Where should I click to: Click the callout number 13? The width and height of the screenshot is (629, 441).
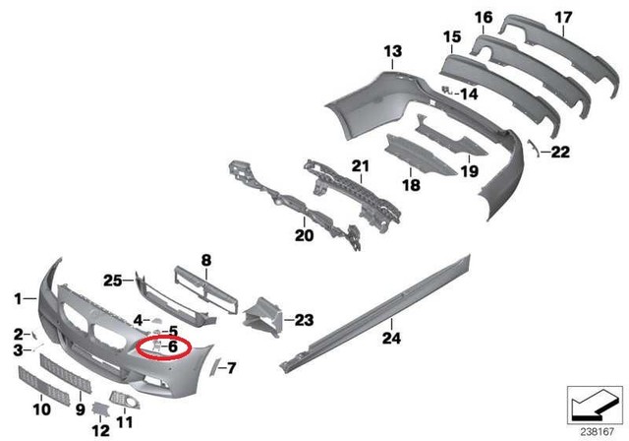(392, 50)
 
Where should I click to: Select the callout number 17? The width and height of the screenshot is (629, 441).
(562, 17)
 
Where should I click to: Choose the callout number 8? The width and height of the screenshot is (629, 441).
(206, 260)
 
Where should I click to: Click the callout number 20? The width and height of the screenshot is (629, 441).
(304, 236)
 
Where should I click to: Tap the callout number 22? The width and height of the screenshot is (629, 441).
(560, 152)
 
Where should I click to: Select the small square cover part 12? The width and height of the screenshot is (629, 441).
(101, 409)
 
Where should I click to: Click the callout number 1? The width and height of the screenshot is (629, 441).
(18, 296)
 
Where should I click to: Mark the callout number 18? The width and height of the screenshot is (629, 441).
(411, 183)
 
